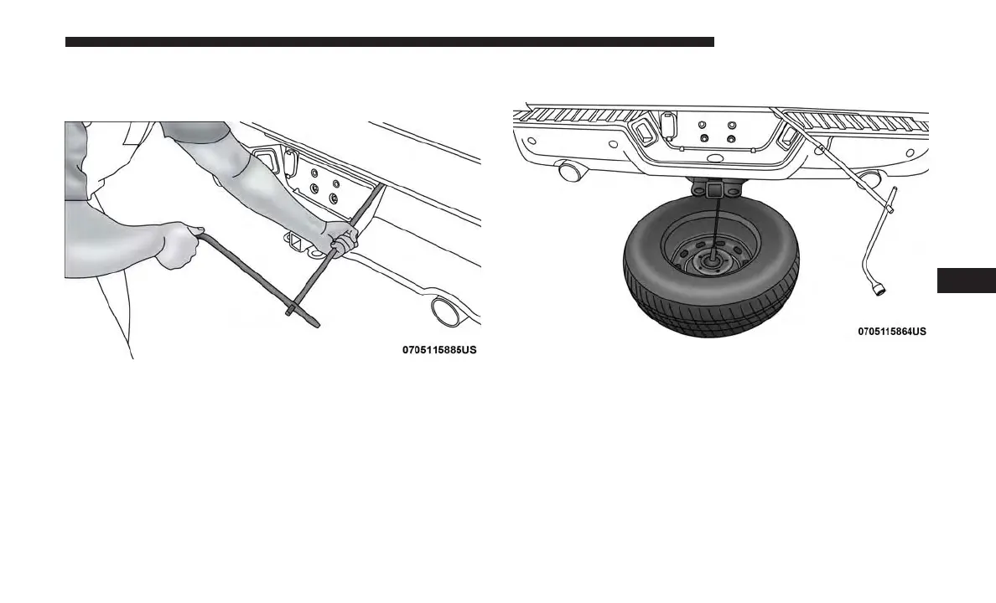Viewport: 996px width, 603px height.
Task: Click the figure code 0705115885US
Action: [438, 349]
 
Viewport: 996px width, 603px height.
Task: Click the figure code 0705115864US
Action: [891, 331]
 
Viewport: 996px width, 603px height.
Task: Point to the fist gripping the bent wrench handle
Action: [178, 245]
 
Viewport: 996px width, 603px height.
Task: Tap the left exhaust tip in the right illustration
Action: [570, 173]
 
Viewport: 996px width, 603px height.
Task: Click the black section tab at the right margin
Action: [966, 280]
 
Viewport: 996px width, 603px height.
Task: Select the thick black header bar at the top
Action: [389, 41]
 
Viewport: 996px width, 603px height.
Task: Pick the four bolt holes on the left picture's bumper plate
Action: [323, 190]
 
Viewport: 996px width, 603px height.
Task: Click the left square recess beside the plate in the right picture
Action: [645, 131]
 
